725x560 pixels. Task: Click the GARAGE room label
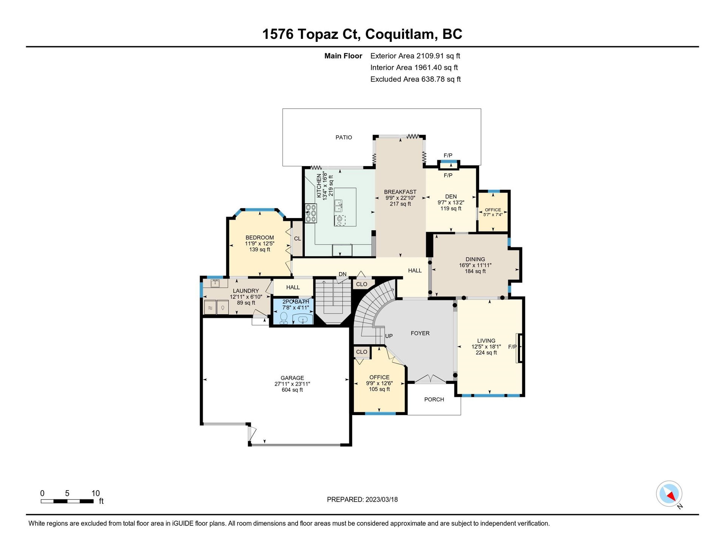click(292, 378)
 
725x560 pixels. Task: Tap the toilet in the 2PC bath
click(284, 318)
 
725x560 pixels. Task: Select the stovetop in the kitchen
click(311, 213)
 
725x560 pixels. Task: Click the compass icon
click(669, 494)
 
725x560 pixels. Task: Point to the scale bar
click(67, 501)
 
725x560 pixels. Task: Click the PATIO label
click(344, 137)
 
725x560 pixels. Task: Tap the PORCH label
click(434, 399)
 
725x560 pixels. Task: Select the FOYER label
click(420, 333)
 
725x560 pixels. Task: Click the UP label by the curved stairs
click(389, 336)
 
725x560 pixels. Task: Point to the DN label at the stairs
click(342, 274)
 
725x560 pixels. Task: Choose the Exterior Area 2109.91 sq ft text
click(415, 56)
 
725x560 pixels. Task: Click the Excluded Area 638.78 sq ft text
click(415, 79)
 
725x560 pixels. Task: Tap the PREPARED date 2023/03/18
click(381, 500)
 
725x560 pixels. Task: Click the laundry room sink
click(216, 283)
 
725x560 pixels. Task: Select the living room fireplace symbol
click(520, 348)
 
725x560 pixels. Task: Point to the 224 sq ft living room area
click(486, 353)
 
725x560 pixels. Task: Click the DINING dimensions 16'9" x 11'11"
click(475, 265)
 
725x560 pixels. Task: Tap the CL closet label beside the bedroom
click(298, 238)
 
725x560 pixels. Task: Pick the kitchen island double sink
click(338, 206)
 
